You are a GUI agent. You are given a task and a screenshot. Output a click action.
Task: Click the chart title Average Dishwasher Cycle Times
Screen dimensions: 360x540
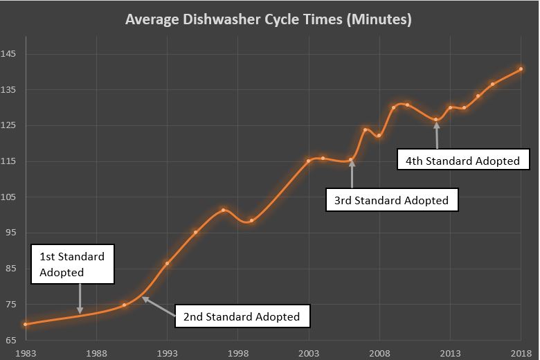[269, 19]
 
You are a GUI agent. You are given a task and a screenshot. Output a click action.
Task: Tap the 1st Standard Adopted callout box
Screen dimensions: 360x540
[72, 264]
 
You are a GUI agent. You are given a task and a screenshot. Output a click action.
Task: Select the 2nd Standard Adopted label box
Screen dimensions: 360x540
[242, 316]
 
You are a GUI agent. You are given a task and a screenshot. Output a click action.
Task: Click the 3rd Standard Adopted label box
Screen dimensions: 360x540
[392, 201]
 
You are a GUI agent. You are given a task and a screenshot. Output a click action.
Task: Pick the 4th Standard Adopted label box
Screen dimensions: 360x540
[462, 161]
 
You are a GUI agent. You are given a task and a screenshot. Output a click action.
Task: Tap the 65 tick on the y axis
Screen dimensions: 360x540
[12, 341]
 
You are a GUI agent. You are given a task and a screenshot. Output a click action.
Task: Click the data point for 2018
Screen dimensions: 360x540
[521, 69]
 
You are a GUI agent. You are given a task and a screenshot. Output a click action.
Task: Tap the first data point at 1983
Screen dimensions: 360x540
[26, 324]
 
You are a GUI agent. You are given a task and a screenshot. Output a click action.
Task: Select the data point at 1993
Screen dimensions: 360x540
[168, 263]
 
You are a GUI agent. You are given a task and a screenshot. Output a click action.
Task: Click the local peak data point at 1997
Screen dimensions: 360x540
[224, 210]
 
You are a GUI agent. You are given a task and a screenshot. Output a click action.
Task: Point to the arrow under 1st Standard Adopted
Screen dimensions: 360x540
[80, 299]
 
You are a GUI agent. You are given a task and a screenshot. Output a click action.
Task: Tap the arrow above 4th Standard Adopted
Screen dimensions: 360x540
[436, 134]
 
